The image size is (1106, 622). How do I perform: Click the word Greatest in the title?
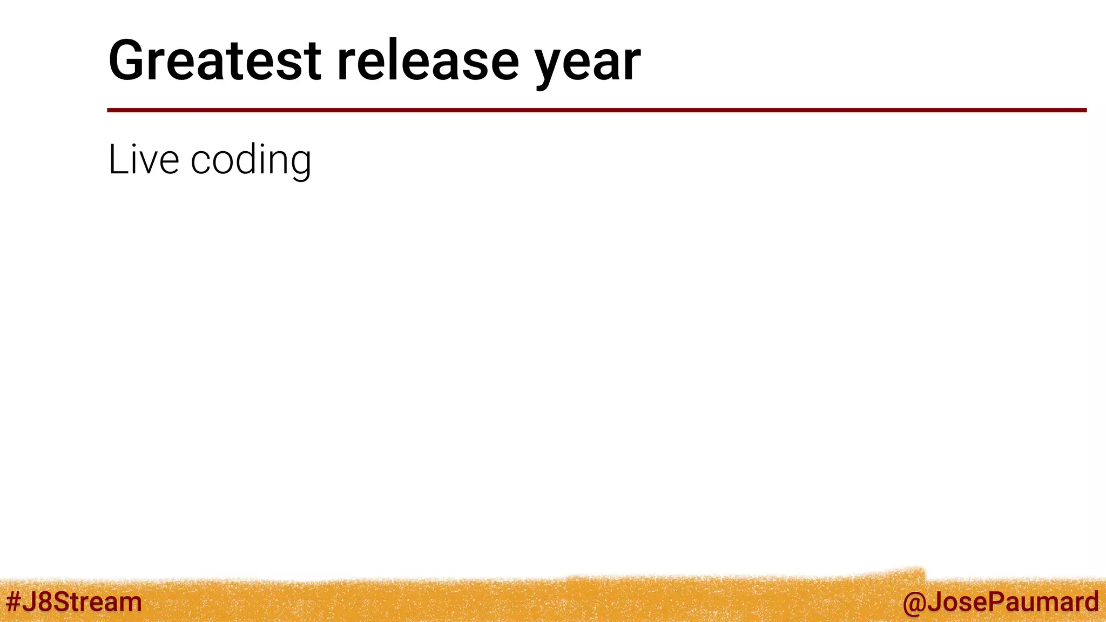tap(215, 60)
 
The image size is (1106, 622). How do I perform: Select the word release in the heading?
tap(428, 60)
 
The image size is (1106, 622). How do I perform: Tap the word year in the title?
tap(588, 64)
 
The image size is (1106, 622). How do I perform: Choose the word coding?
tap(251, 160)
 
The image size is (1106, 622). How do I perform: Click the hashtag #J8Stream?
tap(73, 601)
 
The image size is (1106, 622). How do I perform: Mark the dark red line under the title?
tap(596, 110)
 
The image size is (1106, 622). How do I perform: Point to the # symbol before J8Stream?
tap(13, 601)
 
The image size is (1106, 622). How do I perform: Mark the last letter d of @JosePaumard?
tap(1090, 602)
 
